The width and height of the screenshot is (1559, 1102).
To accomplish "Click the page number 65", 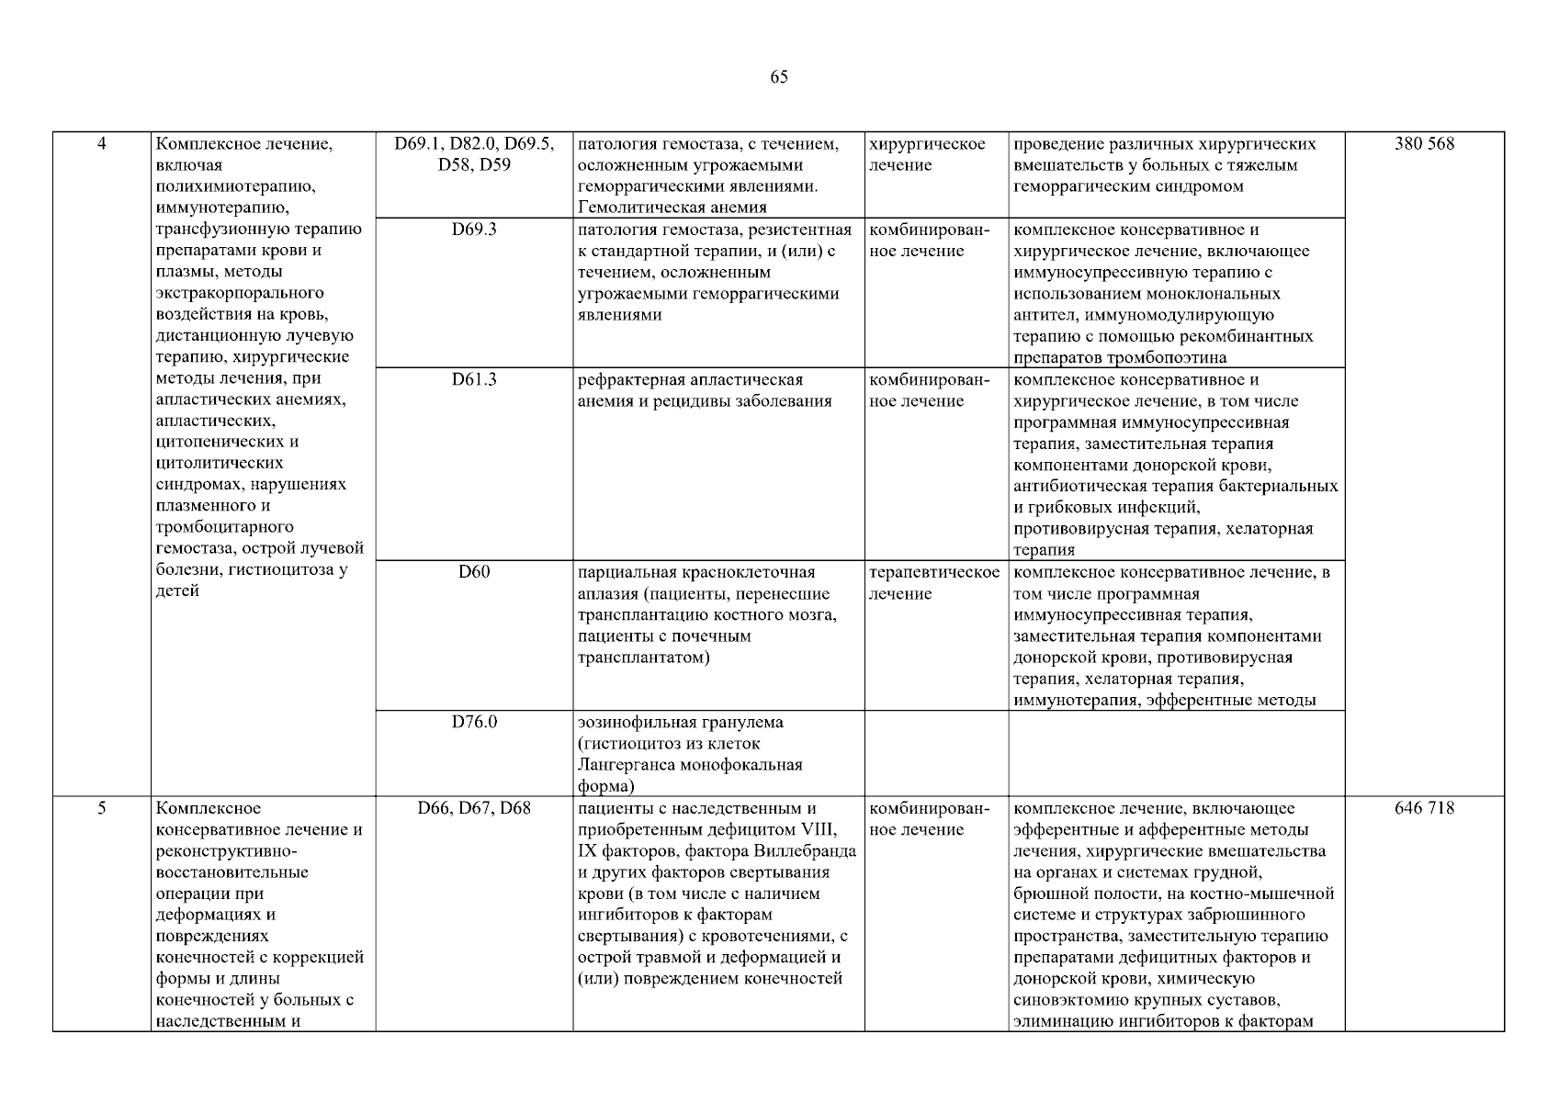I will tap(778, 77).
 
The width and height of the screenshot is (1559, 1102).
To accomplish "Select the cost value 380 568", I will tap(1424, 144).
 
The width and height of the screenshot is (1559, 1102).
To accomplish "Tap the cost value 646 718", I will tap(1424, 808).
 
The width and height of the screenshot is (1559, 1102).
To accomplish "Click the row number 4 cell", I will tap(102, 144).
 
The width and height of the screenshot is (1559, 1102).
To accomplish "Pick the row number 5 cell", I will tap(102, 808).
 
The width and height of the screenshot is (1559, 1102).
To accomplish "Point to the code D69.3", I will tap(474, 230).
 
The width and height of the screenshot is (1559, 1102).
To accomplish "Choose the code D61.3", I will tap(474, 379).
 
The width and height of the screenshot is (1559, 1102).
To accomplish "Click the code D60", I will tap(474, 572).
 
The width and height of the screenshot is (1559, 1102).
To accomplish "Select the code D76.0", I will tap(474, 722).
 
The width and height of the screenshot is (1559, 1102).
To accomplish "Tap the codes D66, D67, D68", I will tap(474, 808).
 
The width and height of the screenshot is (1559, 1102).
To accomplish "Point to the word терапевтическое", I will tap(934, 572).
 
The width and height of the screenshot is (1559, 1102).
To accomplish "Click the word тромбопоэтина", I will tap(1167, 358).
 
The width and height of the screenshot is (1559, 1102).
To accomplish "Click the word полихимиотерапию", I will tap(236, 186).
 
